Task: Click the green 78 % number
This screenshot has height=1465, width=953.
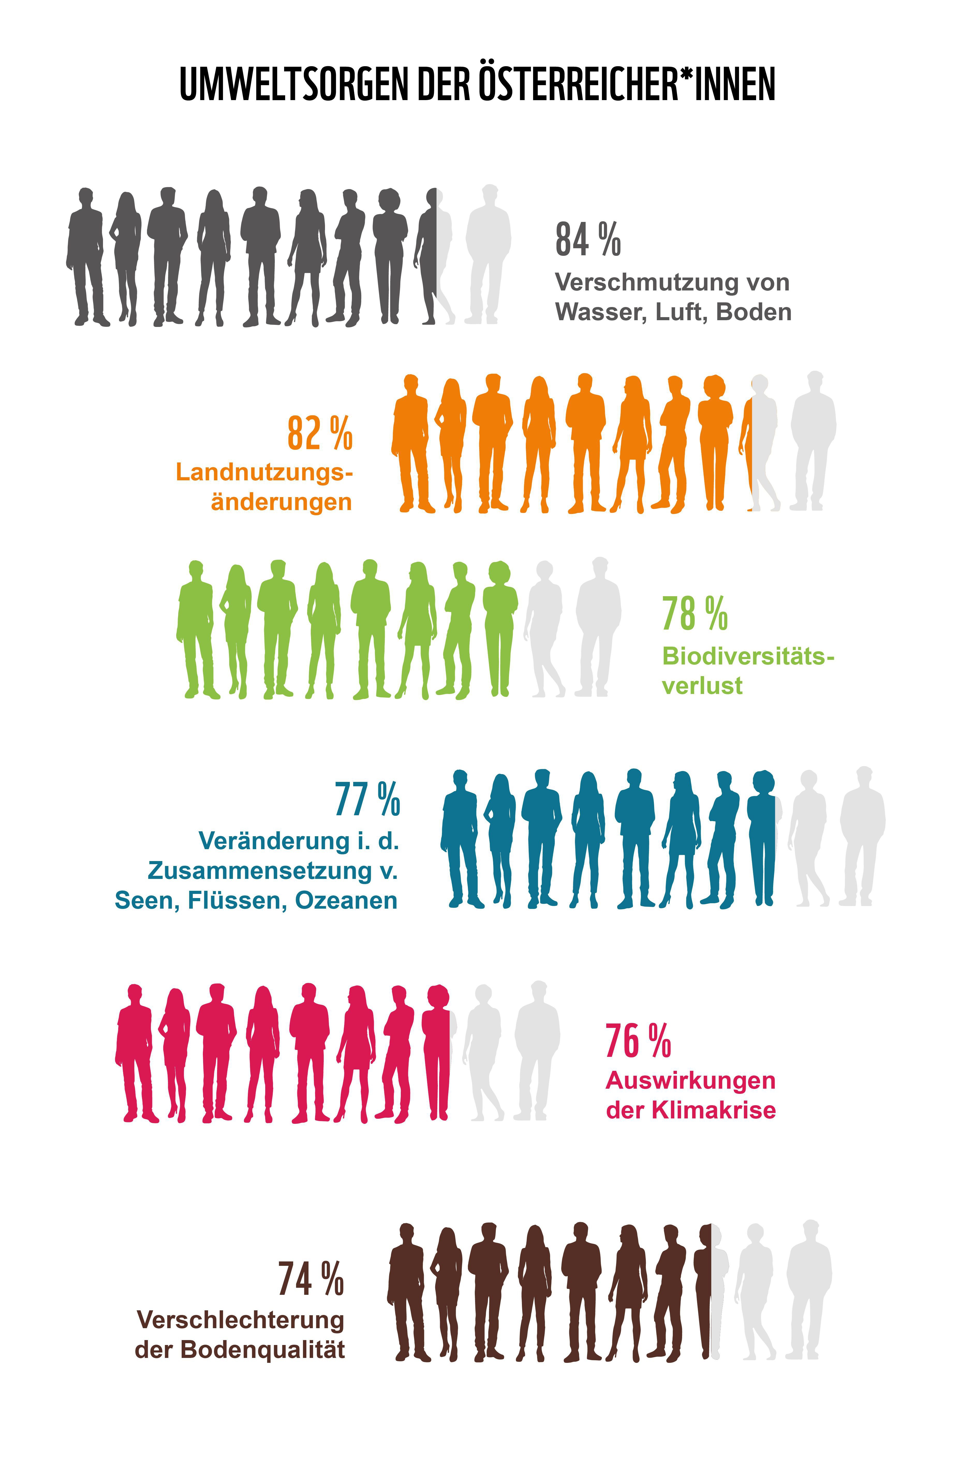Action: click(695, 614)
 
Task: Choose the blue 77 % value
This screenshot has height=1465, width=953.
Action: click(367, 799)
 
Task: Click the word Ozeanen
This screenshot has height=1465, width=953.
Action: click(346, 901)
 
